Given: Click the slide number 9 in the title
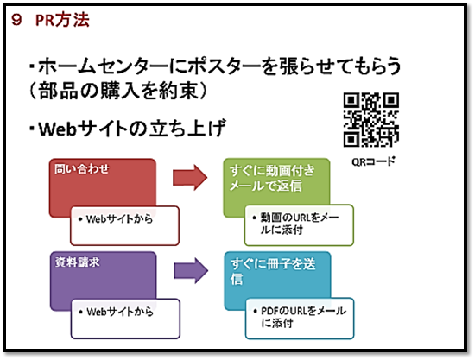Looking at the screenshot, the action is tap(16, 20).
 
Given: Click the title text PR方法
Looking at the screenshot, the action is tap(62, 20).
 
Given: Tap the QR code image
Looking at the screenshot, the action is tap(371, 120).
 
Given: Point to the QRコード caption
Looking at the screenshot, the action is tap(373, 161).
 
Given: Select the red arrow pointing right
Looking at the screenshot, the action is tap(190, 178).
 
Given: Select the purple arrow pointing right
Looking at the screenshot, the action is tap(191, 270).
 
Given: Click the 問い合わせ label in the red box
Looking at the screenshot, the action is tap(82, 168).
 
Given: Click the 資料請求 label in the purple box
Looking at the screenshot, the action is tap(77, 262).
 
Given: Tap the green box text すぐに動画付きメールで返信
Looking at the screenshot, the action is tap(272, 178).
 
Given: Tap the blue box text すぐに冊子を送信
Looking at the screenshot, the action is tap(273, 271).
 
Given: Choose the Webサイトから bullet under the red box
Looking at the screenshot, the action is tap(119, 218).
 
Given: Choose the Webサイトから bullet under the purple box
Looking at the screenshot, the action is tap(120, 312).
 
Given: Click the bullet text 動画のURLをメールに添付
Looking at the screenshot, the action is tap(300, 224).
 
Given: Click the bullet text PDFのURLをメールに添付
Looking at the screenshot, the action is tap(303, 317).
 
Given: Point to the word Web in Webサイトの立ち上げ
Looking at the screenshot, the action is tap(57, 129).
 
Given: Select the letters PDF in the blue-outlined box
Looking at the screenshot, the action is tap(269, 311).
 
